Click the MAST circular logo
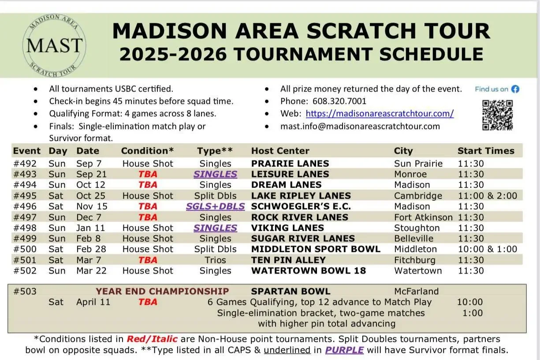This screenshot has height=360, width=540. [54, 45]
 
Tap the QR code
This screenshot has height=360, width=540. [497, 115]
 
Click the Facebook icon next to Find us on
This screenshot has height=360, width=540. [515, 89]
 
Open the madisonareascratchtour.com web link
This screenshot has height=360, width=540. [380, 113]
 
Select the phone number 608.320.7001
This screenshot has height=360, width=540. [339, 101]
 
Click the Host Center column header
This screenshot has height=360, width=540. [280, 151]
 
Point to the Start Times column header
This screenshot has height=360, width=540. [486, 151]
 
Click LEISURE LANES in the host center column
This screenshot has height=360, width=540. [290, 174]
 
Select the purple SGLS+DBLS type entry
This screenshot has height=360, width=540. [215, 206]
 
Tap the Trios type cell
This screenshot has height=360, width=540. [215, 260]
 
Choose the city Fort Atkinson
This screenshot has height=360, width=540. [423, 217]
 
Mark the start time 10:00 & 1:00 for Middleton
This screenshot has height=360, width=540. [487, 249]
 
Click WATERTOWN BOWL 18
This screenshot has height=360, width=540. [309, 271]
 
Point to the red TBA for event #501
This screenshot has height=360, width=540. [148, 260]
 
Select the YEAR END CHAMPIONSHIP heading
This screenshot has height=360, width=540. [162, 291]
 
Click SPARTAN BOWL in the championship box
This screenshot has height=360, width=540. [290, 291]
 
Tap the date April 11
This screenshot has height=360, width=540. [93, 302]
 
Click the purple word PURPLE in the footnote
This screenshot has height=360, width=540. [344, 351]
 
